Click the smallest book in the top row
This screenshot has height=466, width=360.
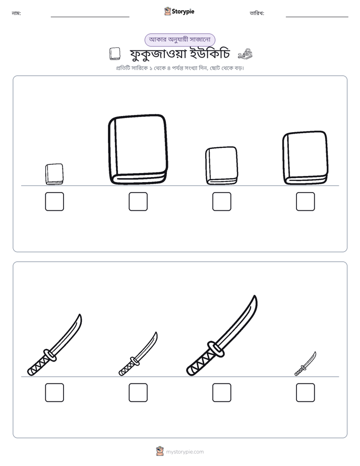[54, 174]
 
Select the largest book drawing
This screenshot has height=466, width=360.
[138, 149]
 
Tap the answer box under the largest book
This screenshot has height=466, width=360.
[138, 202]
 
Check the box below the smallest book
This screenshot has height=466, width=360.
[54, 202]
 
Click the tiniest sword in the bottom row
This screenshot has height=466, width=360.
[306, 364]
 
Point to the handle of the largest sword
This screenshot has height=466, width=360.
[200, 362]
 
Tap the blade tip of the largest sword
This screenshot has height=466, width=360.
[255, 296]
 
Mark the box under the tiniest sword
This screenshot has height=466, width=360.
[306, 392]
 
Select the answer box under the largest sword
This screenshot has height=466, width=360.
[222, 392]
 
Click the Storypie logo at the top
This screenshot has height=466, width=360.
[179, 11]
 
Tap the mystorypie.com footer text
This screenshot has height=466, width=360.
[185, 452]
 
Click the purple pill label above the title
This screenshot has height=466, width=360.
[180, 40]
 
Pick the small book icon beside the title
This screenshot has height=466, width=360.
[114, 54]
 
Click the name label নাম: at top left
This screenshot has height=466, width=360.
[16, 13]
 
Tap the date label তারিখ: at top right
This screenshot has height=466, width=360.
[257, 13]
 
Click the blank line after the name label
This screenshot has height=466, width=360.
[90, 17]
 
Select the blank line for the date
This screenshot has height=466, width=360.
[317, 17]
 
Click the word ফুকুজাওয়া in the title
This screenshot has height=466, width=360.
[158, 54]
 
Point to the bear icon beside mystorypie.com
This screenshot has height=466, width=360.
[160, 451]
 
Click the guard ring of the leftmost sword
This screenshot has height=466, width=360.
[50, 355]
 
